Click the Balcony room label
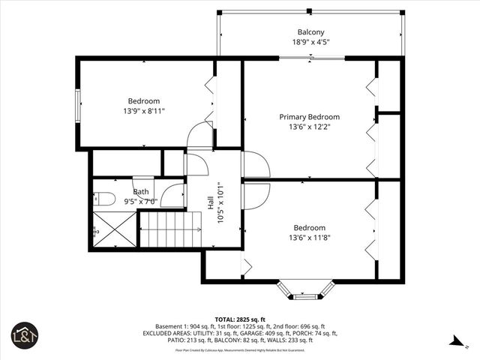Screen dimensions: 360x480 coord(310,32)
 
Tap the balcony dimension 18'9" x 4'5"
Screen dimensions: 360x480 coord(310,43)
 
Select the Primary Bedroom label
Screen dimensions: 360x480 coord(309,117)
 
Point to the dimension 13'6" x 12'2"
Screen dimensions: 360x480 coord(309,127)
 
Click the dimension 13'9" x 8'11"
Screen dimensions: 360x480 coord(143,111)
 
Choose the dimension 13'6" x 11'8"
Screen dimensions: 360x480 coord(309,238)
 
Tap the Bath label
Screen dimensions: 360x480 coord(140,191)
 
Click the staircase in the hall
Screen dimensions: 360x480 coord(172,229)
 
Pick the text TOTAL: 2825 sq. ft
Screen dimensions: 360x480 coord(240,319)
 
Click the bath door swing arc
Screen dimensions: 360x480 coord(172,196)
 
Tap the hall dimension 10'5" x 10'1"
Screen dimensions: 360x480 coord(220,202)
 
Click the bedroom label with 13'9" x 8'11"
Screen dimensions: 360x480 coord(143,100)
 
